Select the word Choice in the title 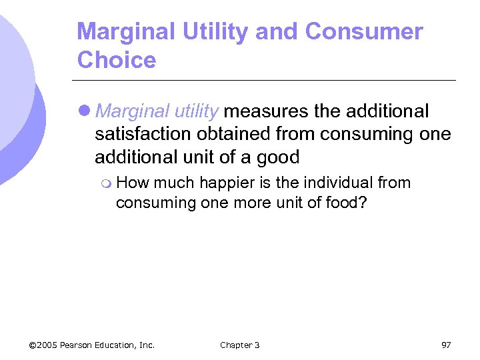[117, 60]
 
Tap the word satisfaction [143, 134]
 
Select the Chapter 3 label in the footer [240, 345]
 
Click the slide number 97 [446, 345]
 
